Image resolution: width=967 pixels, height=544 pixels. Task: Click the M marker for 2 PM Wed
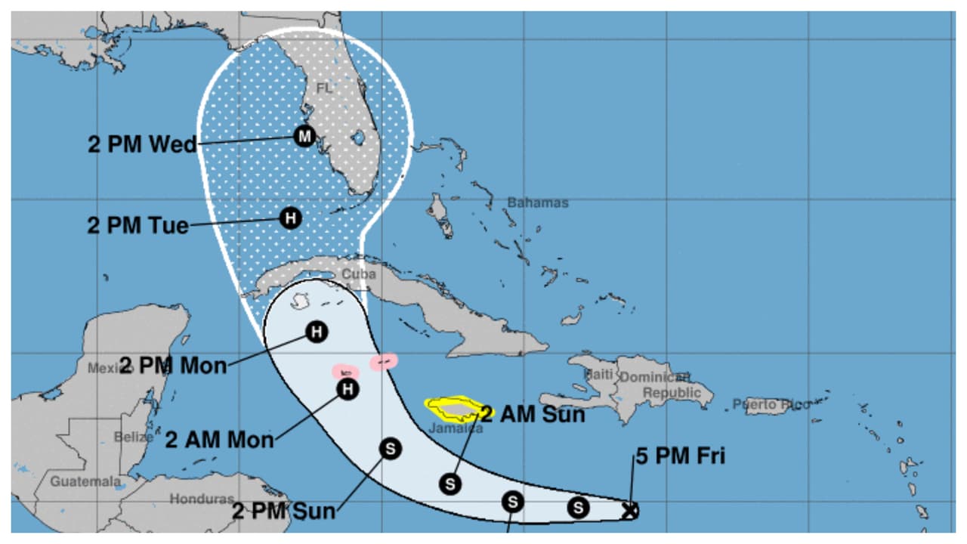coord(304,136)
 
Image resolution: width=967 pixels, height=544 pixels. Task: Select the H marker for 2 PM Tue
coord(290,219)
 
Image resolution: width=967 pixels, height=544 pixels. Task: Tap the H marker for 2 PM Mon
coord(317,332)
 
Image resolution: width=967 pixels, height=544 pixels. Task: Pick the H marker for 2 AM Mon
coord(347,389)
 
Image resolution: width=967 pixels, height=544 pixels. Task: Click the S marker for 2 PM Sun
coord(391,449)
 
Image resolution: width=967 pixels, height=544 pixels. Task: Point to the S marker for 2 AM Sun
coord(450,484)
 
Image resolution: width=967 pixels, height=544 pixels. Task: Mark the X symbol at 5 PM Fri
coord(629,511)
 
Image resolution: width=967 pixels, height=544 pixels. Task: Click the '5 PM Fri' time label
coord(680,457)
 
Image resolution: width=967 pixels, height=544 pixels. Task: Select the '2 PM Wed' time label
coord(142,144)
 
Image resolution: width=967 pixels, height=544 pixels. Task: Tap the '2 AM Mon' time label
coord(219,440)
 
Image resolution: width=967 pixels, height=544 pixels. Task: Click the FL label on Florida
coord(324,88)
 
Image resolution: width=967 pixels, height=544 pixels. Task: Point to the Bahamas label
coord(537,202)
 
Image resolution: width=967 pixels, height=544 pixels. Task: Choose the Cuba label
coord(358,274)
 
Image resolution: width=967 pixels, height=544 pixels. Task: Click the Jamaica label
coord(455,428)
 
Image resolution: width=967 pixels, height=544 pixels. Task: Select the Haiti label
coord(598,374)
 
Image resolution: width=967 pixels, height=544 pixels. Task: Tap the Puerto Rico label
coord(771,405)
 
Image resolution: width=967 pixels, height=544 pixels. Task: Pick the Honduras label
coord(201,499)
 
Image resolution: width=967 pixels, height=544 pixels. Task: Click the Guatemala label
coord(85,481)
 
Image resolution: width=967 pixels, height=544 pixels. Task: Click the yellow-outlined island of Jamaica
coord(453,409)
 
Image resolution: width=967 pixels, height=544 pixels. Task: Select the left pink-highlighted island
coord(346,372)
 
